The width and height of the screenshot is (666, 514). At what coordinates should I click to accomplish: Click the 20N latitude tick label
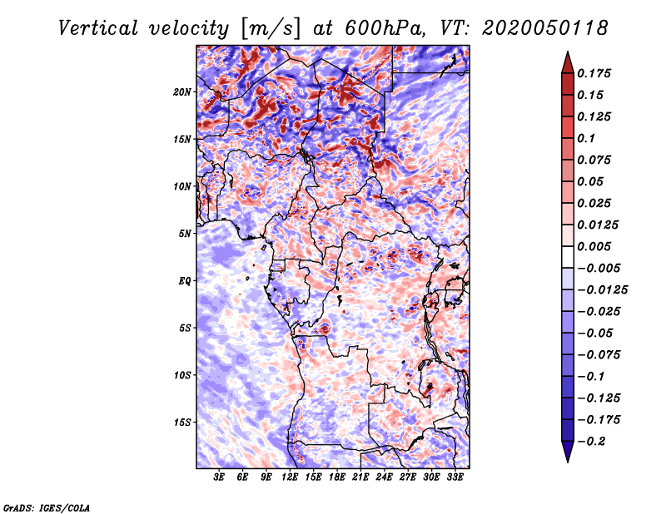(x=181, y=92)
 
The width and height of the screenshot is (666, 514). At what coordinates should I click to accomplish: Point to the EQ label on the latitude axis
(x=184, y=281)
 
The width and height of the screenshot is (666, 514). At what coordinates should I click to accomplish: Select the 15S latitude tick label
(x=181, y=423)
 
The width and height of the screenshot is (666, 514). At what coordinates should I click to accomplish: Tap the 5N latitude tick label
(x=184, y=234)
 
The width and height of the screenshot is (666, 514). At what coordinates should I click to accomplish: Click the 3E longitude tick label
(x=219, y=477)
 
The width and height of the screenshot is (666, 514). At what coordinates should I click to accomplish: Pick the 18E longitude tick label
(x=337, y=477)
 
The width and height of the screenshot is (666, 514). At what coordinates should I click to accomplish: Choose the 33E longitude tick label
(x=455, y=477)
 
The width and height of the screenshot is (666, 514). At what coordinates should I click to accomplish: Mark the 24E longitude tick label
(x=384, y=477)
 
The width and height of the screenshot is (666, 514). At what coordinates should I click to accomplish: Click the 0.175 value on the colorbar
(x=594, y=73)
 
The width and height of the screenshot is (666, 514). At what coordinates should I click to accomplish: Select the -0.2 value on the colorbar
(x=591, y=442)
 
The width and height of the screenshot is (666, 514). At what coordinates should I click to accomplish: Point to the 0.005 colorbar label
(x=594, y=246)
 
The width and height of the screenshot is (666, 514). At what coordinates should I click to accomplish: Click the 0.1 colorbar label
(x=586, y=138)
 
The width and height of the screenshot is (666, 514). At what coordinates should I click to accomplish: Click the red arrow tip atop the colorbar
(x=568, y=52)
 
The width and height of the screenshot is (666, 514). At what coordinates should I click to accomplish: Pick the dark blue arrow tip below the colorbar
(x=568, y=461)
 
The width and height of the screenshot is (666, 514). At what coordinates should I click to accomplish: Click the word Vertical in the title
(x=97, y=28)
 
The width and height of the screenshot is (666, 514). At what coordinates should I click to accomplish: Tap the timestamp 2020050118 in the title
(x=545, y=28)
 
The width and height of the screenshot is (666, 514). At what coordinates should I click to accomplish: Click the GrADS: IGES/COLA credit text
(x=47, y=508)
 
